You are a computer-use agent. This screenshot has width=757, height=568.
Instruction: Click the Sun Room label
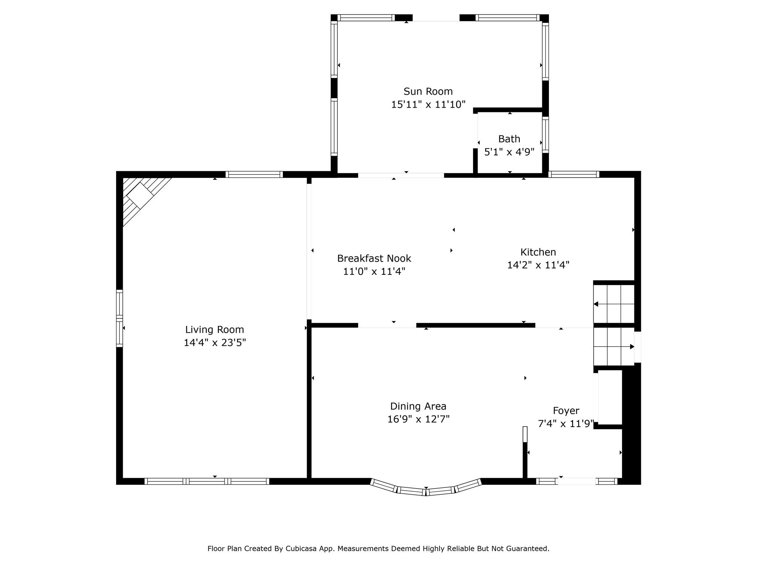point(428,91)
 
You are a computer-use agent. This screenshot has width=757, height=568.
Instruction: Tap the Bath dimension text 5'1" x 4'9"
point(509,152)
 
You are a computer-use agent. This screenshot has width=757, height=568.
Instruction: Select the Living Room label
point(214,329)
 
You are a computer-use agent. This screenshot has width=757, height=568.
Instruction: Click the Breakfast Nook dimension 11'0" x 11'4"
point(374,271)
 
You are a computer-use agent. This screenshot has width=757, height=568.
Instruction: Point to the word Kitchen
point(538,252)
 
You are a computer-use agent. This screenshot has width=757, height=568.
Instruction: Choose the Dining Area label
point(418,406)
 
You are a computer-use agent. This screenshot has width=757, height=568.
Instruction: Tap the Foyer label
point(566,411)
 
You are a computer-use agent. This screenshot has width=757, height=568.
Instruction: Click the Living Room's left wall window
point(119,318)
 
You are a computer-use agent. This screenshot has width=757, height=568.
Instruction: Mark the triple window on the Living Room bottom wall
point(207,481)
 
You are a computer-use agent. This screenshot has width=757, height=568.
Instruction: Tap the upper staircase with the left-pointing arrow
point(614,304)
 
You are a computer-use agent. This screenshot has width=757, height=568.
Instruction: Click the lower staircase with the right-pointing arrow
point(614,347)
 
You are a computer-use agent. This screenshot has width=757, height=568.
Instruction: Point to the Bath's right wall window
point(545,135)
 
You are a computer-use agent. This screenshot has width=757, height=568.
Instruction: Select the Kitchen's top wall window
point(573,174)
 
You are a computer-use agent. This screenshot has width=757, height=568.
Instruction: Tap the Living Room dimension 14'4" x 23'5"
point(214,343)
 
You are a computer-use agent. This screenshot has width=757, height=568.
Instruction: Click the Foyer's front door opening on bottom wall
point(577,481)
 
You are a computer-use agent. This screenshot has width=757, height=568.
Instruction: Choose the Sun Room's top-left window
point(366,18)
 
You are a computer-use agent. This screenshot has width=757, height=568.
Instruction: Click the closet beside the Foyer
point(610,398)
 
